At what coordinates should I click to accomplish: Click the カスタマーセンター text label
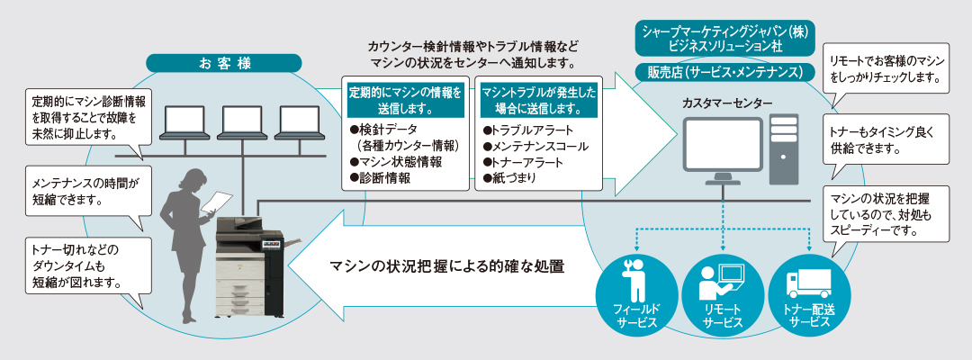(x=726, y=104)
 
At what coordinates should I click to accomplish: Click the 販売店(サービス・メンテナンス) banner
(x=726, y=71)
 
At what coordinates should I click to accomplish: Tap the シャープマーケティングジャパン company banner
(x=726, y=37)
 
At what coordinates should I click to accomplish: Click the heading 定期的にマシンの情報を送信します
(x=406, y=99)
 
